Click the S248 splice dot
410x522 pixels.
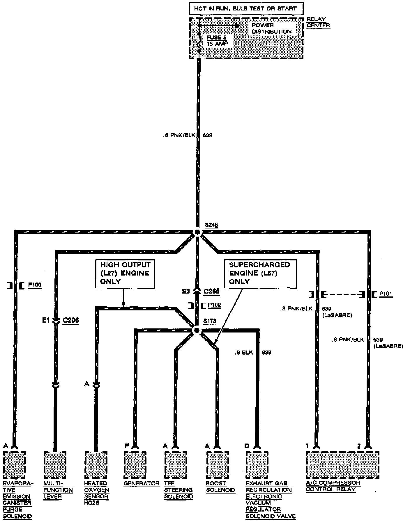point(197,232)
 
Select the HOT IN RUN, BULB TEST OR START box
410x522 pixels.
point(245,9)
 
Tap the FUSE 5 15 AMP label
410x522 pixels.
point(216,41)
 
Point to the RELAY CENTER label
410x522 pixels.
point(318,22)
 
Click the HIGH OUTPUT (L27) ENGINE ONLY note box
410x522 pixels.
point(125,273)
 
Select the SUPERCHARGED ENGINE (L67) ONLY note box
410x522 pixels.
point(260,273)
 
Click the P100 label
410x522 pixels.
point(35,285)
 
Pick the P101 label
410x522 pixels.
point(386,294)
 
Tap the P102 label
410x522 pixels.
point(214,305)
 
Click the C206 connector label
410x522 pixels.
point(71,321)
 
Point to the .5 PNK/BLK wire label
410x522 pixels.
point(179,135)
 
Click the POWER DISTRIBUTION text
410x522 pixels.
point(271,28)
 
